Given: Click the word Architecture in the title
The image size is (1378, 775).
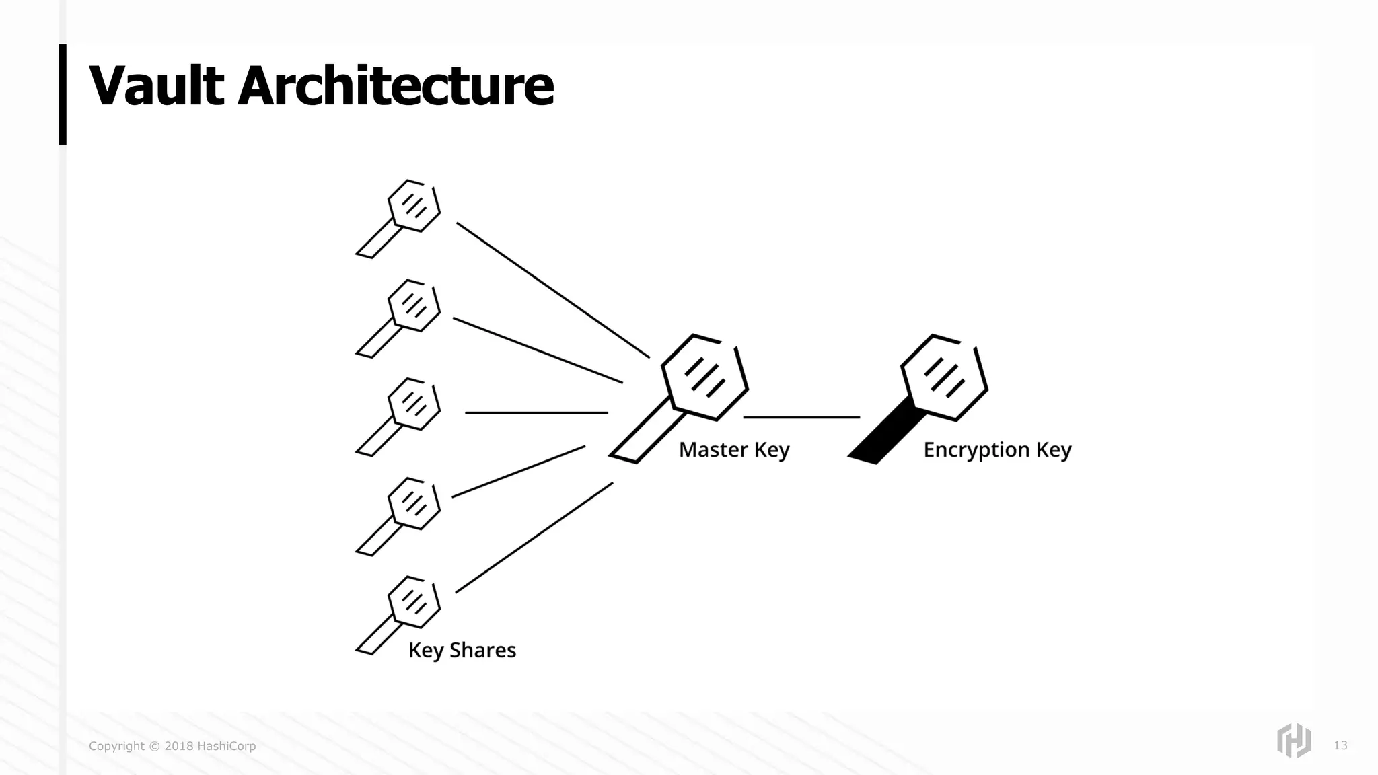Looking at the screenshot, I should (396, 86).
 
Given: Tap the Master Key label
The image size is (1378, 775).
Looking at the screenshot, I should (733, 449).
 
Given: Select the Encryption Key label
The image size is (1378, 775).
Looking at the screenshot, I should (996, 449).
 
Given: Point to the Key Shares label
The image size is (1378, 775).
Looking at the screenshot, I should (462, 650).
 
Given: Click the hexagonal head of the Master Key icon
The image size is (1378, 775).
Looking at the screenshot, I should (704, 377).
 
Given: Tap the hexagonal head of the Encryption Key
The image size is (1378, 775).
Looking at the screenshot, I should (944, 377).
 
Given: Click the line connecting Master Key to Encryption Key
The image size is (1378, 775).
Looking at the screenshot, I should (801, 417).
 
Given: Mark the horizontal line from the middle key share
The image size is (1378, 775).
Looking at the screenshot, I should (536, 412).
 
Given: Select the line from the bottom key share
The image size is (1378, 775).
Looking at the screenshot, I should (534, 538).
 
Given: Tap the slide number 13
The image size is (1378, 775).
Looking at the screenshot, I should (1340, 745).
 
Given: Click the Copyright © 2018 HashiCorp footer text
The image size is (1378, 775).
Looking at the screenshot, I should (172, 746).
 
